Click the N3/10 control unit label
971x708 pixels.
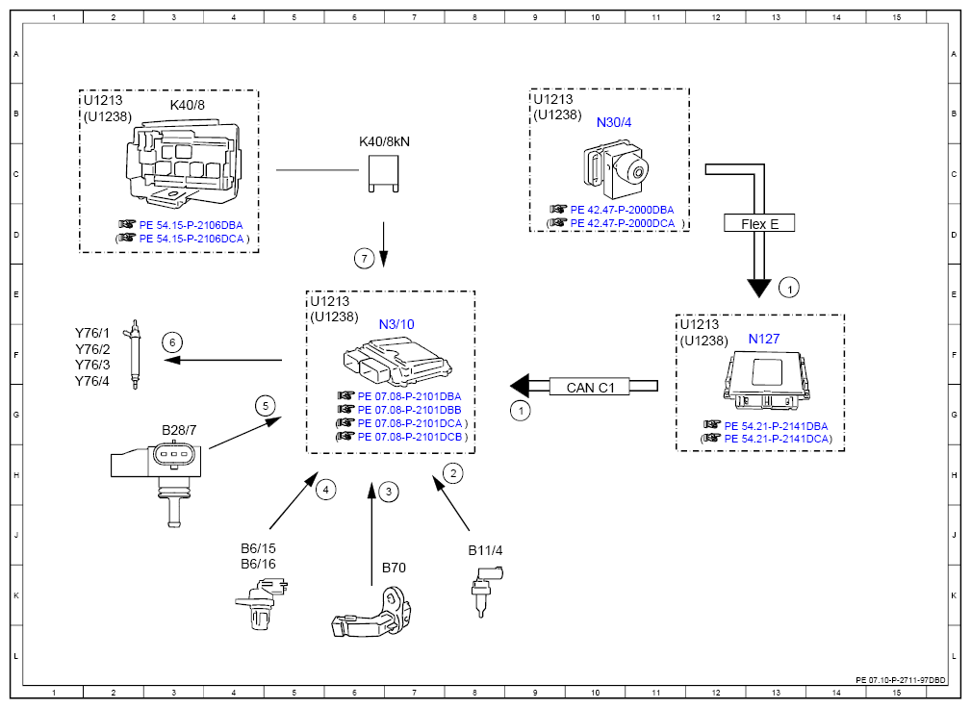point(396,324)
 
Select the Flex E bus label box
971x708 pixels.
point(760,223)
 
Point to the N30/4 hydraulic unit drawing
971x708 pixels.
point(617,168)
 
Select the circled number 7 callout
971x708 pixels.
point(363,258)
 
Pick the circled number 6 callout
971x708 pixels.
point(172,341)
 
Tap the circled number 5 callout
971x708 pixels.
point(266,405)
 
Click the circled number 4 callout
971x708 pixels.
point(326,490)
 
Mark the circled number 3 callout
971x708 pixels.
point(388,492)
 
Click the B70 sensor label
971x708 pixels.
point(394,568)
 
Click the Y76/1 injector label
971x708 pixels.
point(92,334)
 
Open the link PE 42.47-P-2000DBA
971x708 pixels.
point(622,210)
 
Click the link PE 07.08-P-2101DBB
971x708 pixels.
point(409,410)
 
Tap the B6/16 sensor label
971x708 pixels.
point(258,564)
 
